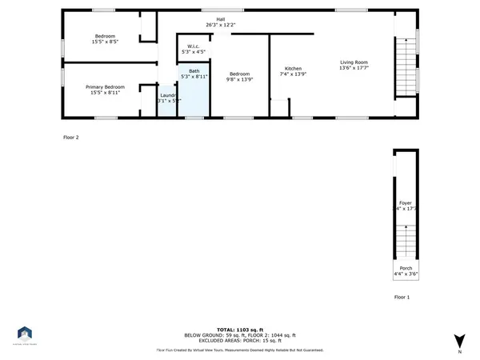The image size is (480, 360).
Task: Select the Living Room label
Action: [x=354, y=62]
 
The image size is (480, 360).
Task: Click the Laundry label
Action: [x=167, y=94]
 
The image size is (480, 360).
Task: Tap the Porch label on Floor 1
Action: [x=406, y=269]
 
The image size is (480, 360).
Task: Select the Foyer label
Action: [x=406, y=204]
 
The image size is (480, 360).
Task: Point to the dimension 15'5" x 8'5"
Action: [x=106, y=42]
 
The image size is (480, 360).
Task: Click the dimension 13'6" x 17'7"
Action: [x=354, y=67]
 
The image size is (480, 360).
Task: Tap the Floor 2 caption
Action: [x=71, y=138]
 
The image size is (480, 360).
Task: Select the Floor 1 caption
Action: [x=402, y=297]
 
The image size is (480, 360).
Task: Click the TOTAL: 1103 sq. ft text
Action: [x=239, y=329]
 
